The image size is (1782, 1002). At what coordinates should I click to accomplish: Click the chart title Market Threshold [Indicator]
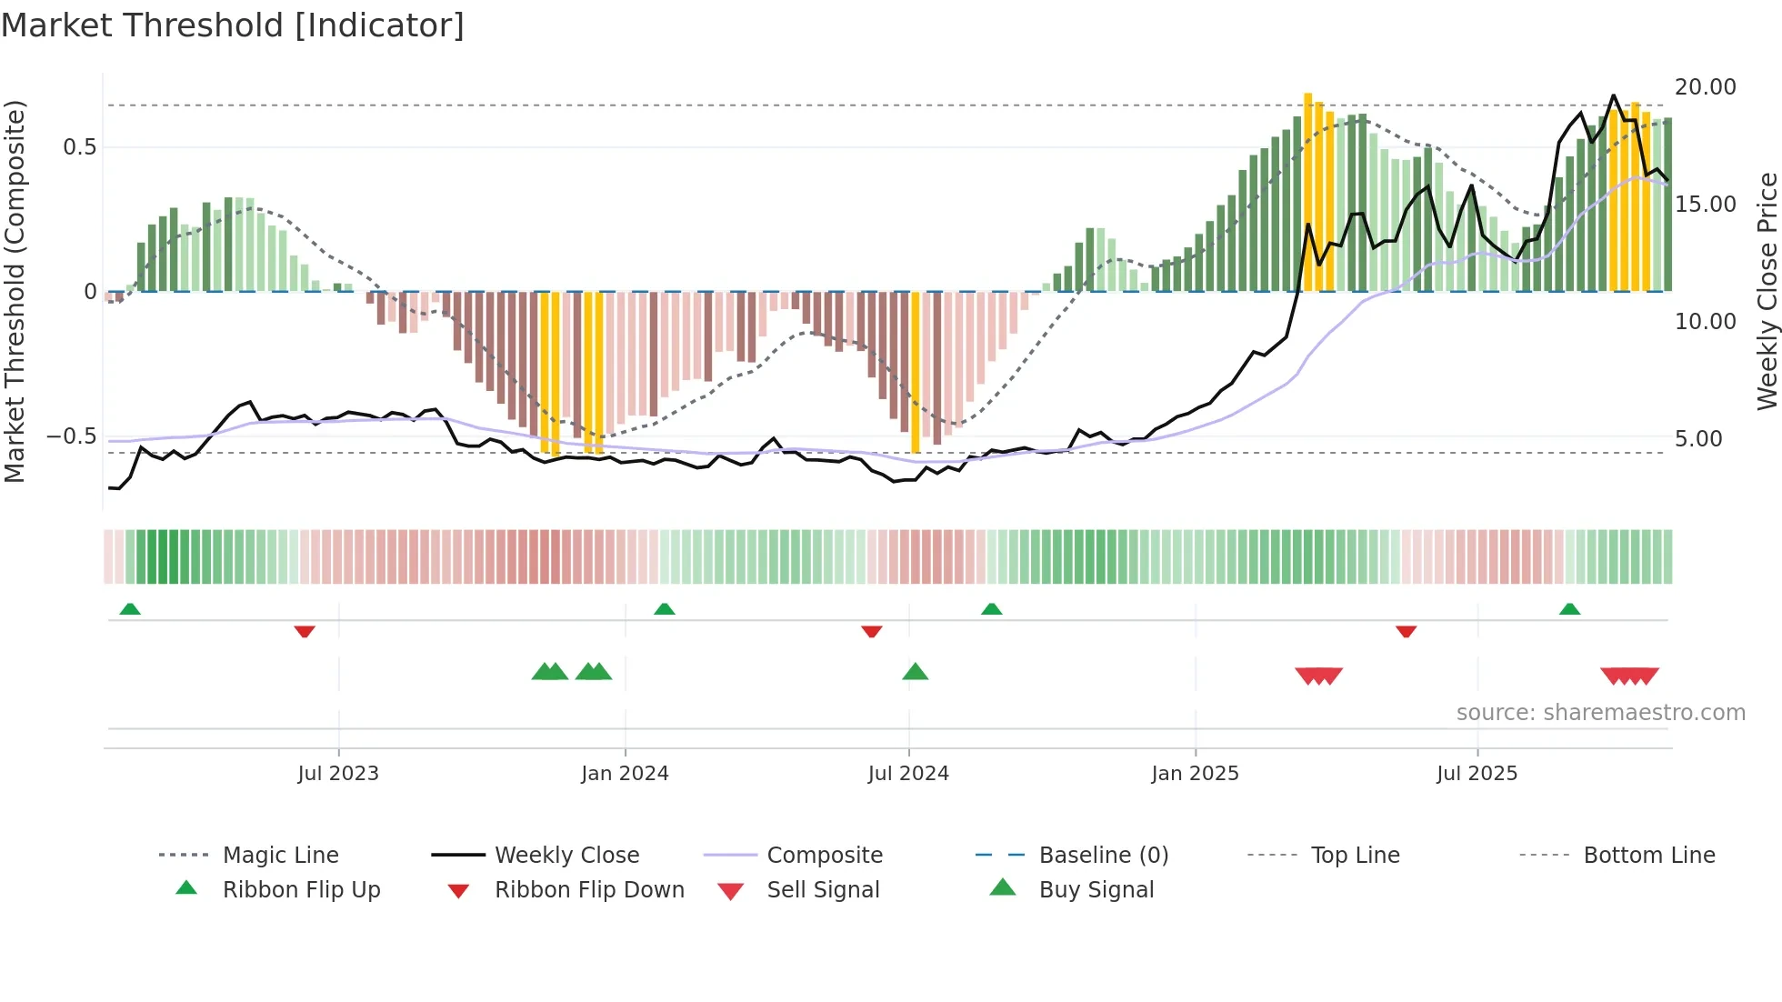point(233,25)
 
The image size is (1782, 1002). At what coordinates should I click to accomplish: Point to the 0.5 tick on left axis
point(79,147)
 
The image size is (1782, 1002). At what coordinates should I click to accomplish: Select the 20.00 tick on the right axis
point(1705,87)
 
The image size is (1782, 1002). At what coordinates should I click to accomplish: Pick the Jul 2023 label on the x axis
point(338,774)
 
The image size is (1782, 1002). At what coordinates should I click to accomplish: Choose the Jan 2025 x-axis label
point(1195,774)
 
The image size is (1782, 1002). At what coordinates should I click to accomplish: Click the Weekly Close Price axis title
point(1767,291)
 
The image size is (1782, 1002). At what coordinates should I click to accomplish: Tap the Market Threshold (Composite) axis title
point(15,291)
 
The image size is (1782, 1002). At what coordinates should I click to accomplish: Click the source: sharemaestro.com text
point(1600,713)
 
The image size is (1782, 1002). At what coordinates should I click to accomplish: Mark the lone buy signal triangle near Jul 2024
point(915,672)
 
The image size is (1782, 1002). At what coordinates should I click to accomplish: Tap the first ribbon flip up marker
point(130,608)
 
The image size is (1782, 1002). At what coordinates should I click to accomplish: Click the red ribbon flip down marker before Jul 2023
point(305,631)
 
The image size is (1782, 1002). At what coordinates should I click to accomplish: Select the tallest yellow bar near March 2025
point(1308,191)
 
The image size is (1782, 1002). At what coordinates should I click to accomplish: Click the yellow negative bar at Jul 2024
point(916,373)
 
